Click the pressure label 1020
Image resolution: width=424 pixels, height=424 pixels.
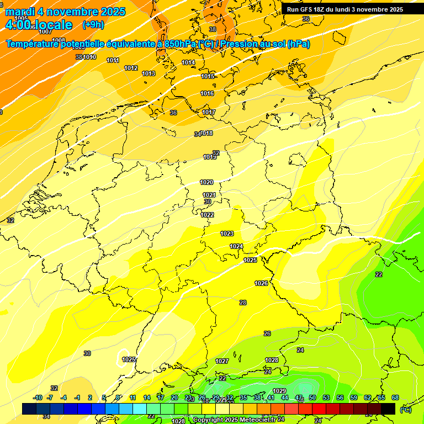pos(206,182)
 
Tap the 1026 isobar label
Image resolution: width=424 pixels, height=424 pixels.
pos(261,283)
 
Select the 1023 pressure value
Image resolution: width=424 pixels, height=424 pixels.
pos(227,234)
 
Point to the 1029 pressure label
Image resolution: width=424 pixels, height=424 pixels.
pos(279,391)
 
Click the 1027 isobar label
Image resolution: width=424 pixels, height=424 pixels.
pos(222,361)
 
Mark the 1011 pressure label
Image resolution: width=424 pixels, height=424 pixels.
pos(113,60)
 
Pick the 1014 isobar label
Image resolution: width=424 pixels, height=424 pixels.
pos(188,62)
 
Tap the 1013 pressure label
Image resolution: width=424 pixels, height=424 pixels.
pos(149,73)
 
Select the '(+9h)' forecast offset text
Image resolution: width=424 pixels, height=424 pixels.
pos(93,25)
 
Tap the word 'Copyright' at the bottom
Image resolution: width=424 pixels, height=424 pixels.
pos(209,420)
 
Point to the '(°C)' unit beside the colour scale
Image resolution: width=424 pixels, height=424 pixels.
pos(405,409)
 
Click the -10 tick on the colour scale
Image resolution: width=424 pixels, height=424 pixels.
pos(38,397)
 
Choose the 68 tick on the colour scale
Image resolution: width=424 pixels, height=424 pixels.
pos(395,397)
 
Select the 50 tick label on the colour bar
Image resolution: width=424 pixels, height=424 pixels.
pos(312,397)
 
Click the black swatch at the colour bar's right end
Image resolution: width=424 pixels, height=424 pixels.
pos(388,409)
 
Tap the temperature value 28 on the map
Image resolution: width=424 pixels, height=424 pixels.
pos(243,303)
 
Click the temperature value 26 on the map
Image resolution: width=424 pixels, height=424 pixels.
pos(267,333)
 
